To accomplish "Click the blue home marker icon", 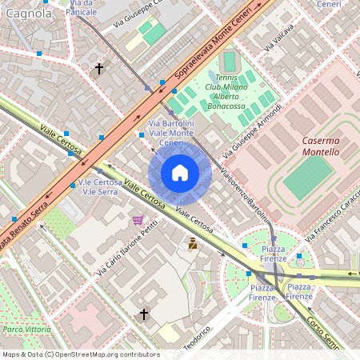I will coord(180,172).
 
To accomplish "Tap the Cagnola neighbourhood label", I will coord(28,13).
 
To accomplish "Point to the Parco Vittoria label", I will coord(22,329).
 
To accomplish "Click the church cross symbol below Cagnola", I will coord(99,70).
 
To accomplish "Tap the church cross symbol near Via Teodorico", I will coord(144,314).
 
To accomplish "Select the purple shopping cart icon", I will coord(137,219).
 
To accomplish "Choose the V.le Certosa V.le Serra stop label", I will coord(101,187).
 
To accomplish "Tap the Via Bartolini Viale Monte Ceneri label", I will coord(171,132).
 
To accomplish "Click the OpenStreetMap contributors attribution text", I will coord(80,354).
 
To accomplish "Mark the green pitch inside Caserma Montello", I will coord(309,177).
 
